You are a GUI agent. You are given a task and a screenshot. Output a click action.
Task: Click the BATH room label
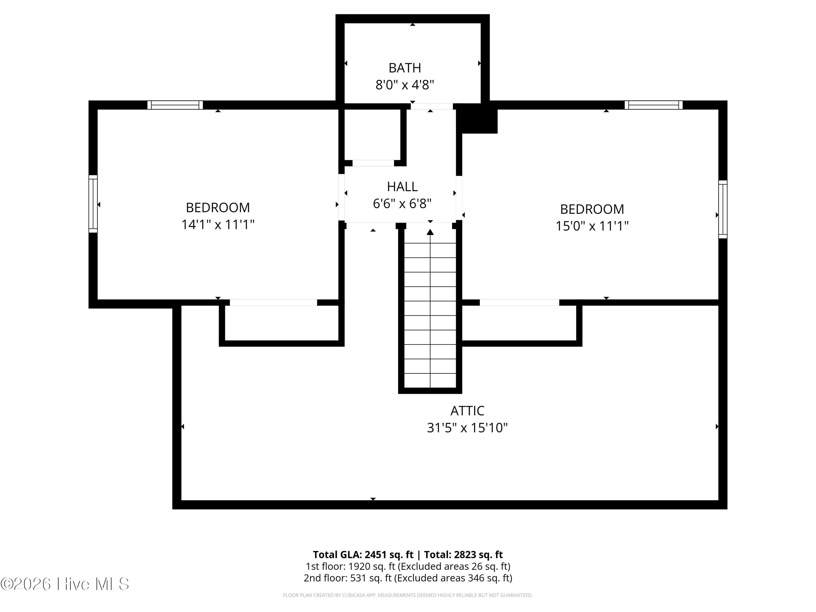pos(405,68)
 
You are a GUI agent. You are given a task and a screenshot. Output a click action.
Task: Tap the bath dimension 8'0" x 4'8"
pos(405,85)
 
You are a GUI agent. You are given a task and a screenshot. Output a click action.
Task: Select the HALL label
pos(402,187)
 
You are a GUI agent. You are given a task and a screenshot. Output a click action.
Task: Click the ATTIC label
pos(467,410)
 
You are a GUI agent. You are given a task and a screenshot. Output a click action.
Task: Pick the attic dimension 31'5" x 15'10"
pos(467,428)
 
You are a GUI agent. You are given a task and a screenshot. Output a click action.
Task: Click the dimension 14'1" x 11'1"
pos(218,225)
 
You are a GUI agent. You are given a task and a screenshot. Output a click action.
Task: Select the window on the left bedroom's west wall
pos(93,204)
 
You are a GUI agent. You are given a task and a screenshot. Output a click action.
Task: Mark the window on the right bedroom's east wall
pos(723,209)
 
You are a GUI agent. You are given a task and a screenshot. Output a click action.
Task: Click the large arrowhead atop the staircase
pos(430,232)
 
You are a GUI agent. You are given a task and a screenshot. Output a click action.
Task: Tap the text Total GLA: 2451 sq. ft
pos(363,554)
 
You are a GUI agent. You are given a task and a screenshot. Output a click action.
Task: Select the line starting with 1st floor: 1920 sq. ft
pos(408,566)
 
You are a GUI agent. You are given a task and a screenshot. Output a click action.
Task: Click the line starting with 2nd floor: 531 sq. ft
pos(408,578)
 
